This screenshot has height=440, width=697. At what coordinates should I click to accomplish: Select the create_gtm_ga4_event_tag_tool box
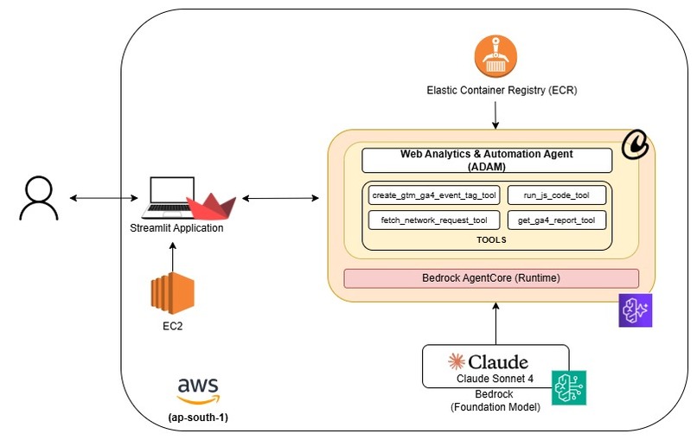433,195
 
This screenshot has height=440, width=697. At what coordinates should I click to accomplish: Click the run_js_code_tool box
556,195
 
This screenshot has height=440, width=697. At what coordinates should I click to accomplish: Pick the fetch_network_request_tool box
433,220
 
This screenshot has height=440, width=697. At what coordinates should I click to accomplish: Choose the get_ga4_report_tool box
556,220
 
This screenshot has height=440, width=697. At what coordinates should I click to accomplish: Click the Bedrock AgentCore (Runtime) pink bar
490,278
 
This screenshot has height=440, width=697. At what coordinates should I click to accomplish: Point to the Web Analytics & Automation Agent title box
486,160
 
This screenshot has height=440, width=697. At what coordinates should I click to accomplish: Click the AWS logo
198,390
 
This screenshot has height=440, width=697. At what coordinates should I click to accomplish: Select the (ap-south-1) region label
199,418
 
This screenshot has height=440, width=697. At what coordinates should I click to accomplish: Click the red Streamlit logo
210,208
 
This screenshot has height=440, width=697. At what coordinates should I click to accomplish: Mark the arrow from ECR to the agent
495,113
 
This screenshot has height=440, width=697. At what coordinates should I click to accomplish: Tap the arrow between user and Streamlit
98,200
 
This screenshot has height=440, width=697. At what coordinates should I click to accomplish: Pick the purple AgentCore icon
635,310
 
